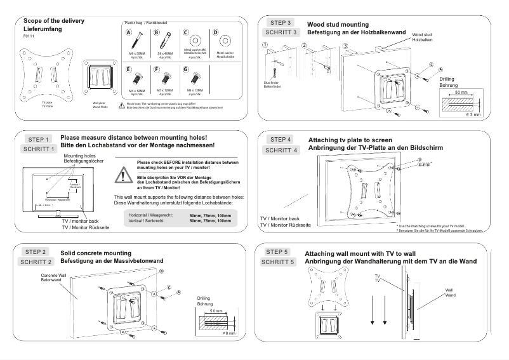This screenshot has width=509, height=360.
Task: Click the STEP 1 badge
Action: [x=38, y=139]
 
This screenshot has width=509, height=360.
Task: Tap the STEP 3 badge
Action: [x=281, y=22]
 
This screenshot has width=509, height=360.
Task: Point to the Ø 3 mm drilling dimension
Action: [x=472, y=114]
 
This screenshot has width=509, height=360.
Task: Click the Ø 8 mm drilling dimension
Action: [x=228, y=333]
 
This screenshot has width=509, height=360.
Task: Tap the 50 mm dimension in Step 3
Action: [x=461, y=93]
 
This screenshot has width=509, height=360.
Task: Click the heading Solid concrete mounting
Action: [x=96, y=252]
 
